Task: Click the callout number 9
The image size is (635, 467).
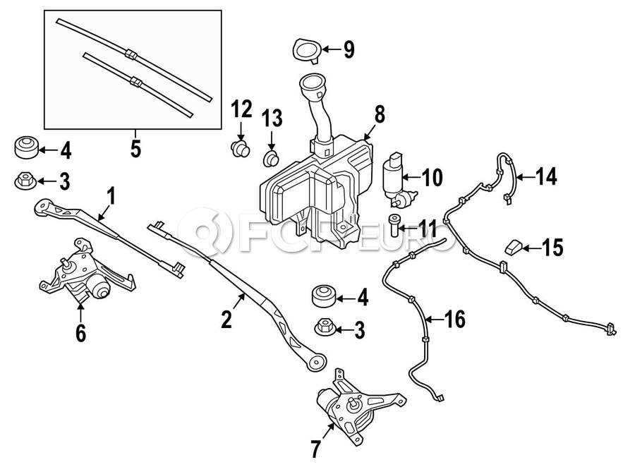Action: point(349,50)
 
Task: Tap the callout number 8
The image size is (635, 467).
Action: point(380,114)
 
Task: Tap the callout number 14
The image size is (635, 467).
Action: point(546,176)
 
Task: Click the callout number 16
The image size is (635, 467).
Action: point(454,319)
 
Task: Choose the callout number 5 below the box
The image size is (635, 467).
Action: point(136,149)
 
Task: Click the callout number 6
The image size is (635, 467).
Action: point(81,333)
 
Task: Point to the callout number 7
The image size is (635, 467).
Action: point(315,449)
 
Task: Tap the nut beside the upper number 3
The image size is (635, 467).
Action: point(26,181)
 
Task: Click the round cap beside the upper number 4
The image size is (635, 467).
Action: point(27,148)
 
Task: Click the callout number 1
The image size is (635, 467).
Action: point(111,196)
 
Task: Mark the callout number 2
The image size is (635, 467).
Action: point(226,319)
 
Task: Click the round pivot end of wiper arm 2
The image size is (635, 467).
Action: point(316,363)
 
